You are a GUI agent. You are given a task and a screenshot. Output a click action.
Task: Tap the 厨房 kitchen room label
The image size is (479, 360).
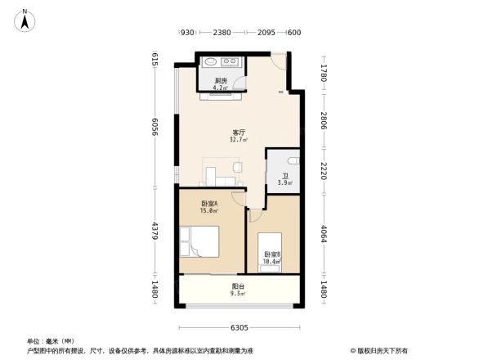(220, 80)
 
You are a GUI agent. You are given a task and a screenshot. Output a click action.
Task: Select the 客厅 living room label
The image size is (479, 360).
(239, 132)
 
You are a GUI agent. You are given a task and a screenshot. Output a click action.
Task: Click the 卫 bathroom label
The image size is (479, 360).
(285, 176)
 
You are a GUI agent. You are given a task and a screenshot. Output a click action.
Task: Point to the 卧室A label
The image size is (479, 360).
(209, 203)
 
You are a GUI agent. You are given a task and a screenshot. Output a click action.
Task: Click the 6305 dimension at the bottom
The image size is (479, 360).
(239, 328)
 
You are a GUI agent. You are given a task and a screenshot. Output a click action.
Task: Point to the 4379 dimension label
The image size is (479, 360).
(154, 230)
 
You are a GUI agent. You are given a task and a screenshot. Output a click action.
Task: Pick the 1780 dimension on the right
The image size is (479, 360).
(324, 73)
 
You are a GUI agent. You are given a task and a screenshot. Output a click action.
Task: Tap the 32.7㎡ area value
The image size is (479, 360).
(239, 140)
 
